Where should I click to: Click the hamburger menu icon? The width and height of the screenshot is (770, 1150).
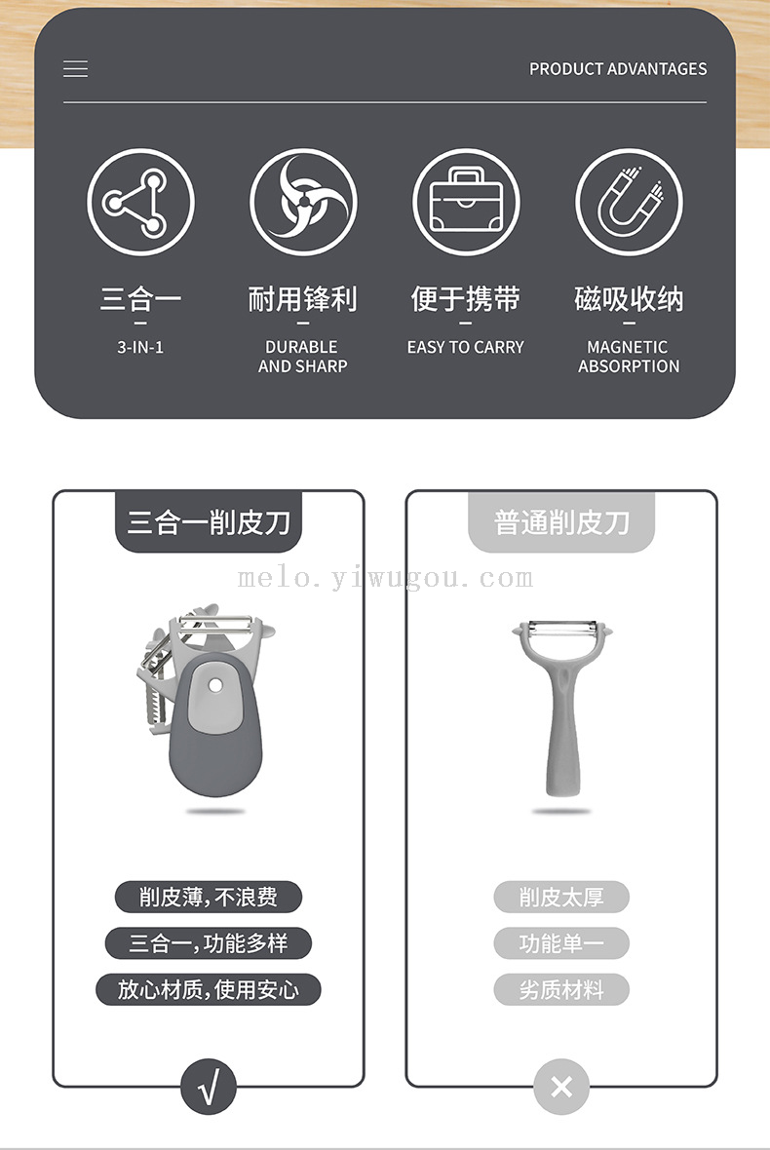tap(75, 69)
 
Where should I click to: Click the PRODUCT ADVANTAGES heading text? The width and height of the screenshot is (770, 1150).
tap(618, 69)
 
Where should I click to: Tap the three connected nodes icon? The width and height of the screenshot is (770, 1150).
tap(140, 202)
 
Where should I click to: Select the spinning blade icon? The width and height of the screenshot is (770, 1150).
tap(303, 202)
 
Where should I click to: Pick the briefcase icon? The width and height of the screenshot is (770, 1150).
tap(467, 202)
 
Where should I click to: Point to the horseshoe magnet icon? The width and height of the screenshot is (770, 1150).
tap(630, 202)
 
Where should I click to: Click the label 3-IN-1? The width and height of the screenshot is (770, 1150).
tap(140, 347)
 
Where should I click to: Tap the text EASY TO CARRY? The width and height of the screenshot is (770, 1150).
tap(466, 347)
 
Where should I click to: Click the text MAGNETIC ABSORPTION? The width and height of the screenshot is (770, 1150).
tap(629, 357)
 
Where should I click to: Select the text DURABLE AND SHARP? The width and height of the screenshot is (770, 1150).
tap(303, 357)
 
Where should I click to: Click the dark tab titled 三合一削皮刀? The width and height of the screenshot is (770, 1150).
tap(209, 521)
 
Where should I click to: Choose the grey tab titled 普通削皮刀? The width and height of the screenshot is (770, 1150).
tap(561, 521)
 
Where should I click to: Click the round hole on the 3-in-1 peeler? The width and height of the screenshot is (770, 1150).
tap(214, 685)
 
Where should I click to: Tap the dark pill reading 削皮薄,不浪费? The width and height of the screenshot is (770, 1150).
tap(209, 897)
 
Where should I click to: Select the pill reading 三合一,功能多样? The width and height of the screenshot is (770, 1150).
tap(209, 943)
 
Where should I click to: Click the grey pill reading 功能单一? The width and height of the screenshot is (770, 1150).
tap(561, 943)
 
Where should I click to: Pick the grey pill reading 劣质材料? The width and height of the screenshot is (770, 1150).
tap(561, 989)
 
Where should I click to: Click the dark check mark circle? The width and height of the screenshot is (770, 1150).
tap(209, 1087)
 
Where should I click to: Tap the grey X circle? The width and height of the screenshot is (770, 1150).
tap(561, 1087)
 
